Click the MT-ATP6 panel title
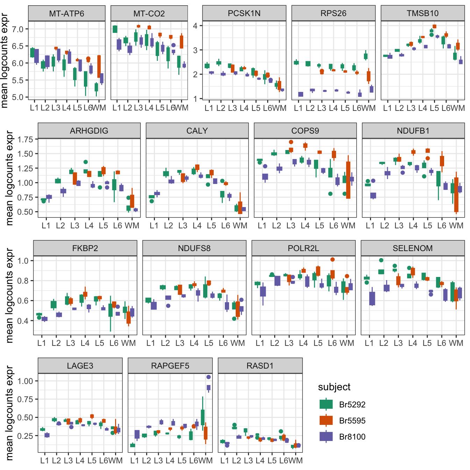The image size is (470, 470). coord(66,13)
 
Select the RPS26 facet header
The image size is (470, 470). coord(333,13)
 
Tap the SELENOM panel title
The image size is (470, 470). coord(413,248)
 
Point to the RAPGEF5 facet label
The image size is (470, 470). coord(170,366)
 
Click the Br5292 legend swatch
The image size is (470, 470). coord(326,404)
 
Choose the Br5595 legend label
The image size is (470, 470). coord(352,420)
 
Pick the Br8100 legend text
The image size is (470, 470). coord(352,436)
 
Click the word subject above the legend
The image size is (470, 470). coord(334,387)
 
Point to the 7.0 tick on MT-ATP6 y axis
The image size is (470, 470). coord(17,29)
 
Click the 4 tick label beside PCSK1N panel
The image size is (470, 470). coord(195,26)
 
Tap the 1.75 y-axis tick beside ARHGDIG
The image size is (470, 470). coord(25,140)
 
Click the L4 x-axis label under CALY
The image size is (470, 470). coord(197,226)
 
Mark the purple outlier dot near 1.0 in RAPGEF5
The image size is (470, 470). coord(208,377)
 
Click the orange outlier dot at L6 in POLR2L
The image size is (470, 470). coord(333,259)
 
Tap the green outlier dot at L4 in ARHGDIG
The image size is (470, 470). coord(86,162)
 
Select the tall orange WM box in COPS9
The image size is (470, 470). coord(348,180)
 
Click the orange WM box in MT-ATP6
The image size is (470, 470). coord(99,66)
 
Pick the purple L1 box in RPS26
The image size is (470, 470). coord(301,94)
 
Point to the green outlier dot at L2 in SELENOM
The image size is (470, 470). coord(381,260)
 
